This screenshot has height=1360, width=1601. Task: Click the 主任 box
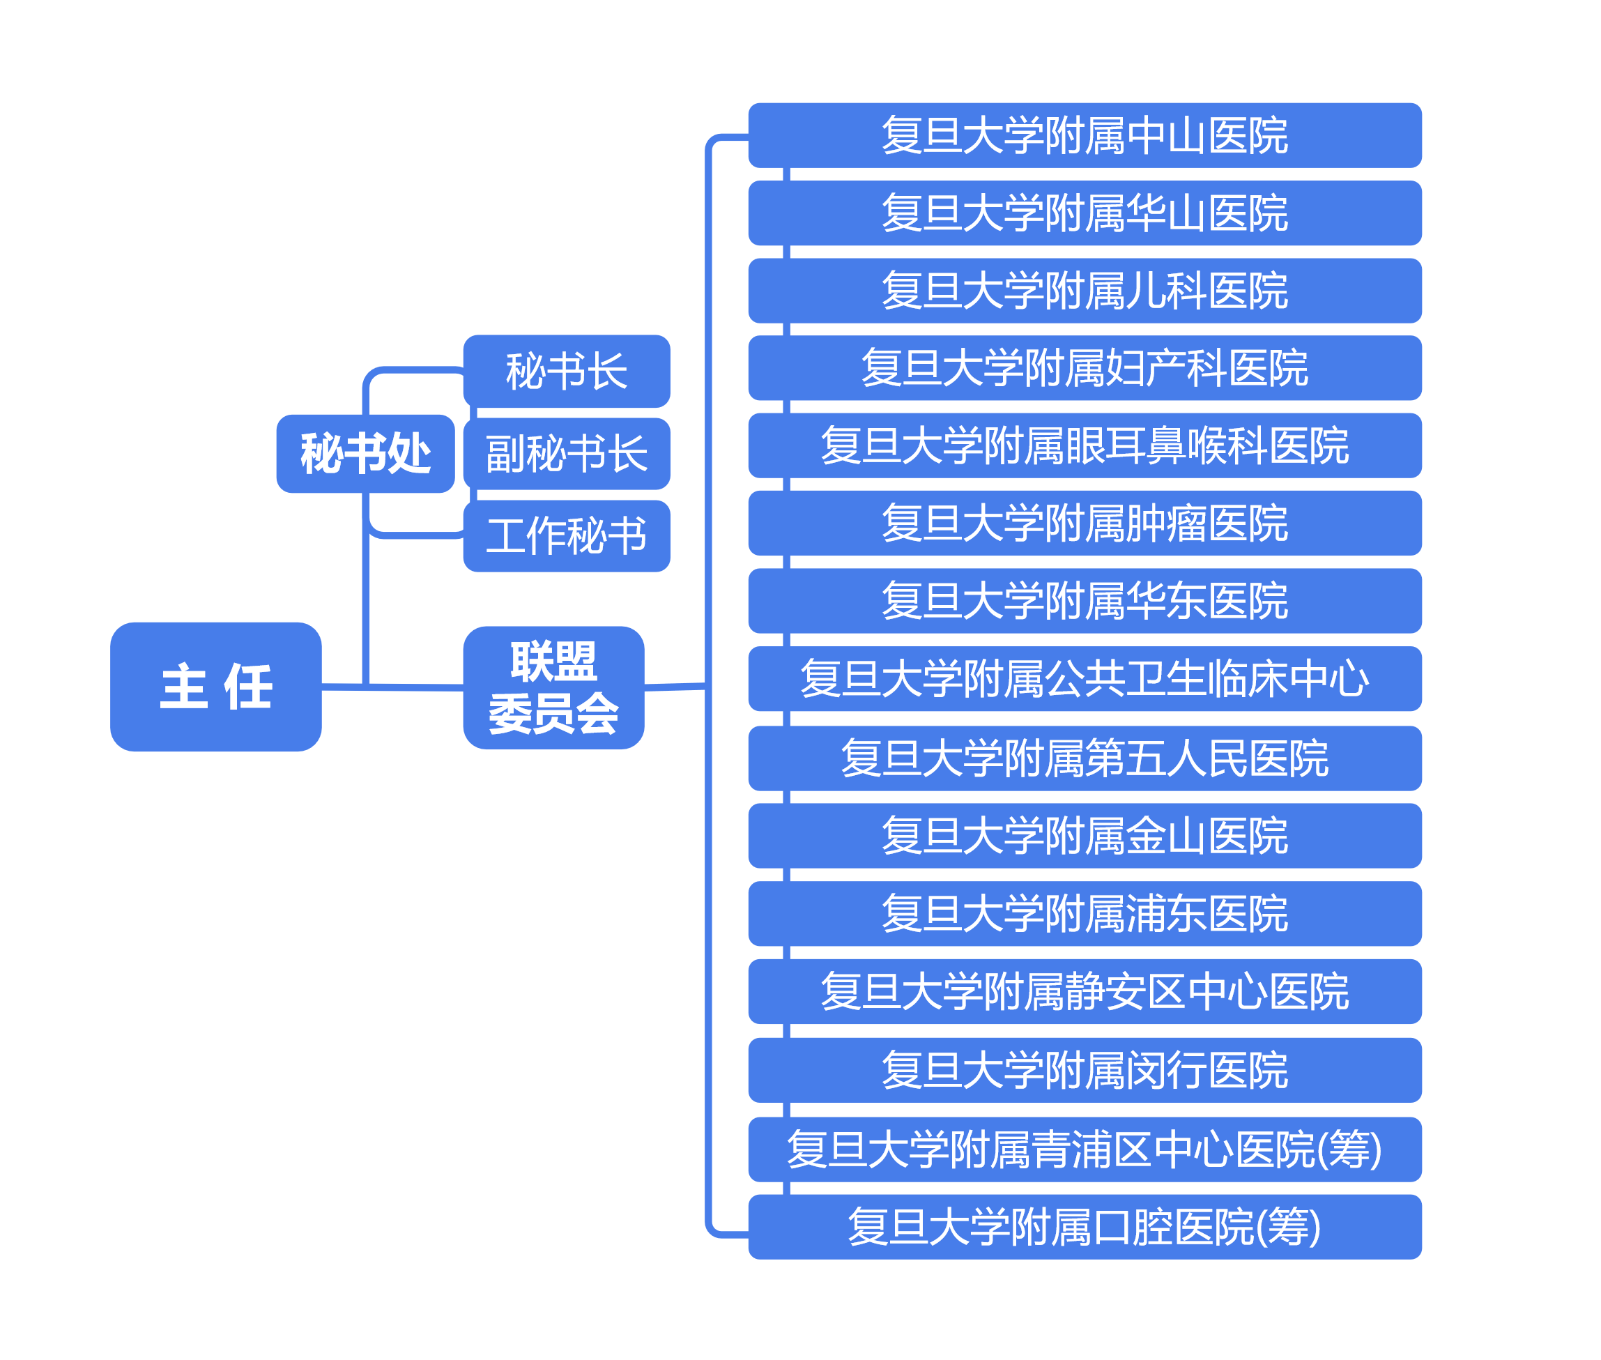click(216, 686)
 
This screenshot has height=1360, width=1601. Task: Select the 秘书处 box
click(365, 453)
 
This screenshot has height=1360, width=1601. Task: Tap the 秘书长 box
click(567, 371)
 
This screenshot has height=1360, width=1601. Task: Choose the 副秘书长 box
click(567, 453)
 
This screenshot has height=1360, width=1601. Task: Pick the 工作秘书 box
click(567, 536)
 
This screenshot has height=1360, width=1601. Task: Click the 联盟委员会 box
click(553, 687)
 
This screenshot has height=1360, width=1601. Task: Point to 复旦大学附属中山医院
click(1085, 136)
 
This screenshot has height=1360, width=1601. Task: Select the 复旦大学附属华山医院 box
click(1085, 213)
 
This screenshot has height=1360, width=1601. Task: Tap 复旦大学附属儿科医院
click(1085, 291)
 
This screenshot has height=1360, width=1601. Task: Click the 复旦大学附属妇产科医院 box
click(1085, 368)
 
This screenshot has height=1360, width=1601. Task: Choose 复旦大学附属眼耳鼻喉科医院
click(1085, 445)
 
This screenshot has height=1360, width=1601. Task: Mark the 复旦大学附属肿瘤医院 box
click(1085, 523)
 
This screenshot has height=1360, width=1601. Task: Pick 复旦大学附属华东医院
click(1085, 601)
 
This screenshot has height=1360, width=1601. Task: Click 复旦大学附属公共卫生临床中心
click(1085, 678)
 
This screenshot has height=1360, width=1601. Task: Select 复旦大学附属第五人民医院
click(1085, 758)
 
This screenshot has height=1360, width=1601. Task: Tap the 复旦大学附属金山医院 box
click(1085, 836)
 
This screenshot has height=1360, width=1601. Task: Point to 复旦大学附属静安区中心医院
click(1085, 991)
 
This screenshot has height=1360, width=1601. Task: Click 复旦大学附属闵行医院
click(1085, 1070)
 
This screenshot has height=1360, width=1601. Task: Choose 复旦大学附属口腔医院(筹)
click(1085, 1227)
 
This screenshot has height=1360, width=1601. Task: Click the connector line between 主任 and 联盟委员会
click(416, 686)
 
